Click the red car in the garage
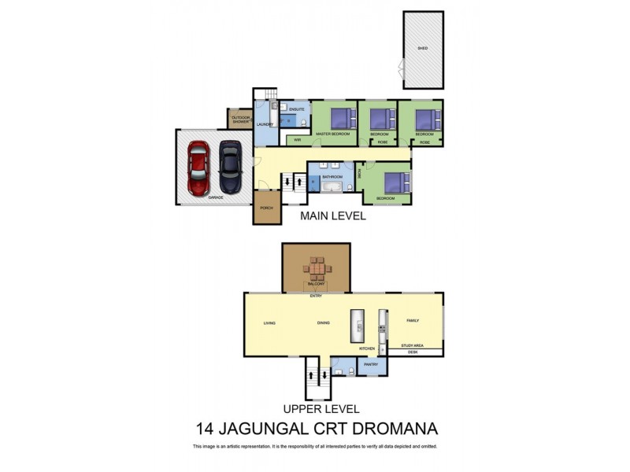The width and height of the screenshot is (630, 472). click(x=198, y=170)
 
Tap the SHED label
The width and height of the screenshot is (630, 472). click(x=423, y=49)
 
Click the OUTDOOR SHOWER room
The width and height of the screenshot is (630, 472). click(x=240, y=120)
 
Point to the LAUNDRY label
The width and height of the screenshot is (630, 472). click(x=265, y=124)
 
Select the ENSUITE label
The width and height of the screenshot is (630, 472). click(x=296, y=109)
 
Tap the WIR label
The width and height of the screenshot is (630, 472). click(x=297, y=140)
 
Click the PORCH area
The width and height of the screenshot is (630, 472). click(x=266, y=208)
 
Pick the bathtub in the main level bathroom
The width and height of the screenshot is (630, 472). click(x=331, y=187)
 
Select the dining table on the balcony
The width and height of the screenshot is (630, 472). click(x=317, y=270)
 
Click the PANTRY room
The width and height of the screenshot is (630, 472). click(x=369, y=364)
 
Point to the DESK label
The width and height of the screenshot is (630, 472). click(x=413, y=352)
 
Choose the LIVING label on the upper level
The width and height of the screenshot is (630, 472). click(x=269, y=323)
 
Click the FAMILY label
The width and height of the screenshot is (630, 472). click(x=413, y=321)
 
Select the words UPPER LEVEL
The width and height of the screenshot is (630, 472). click(x=322, y=409)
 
